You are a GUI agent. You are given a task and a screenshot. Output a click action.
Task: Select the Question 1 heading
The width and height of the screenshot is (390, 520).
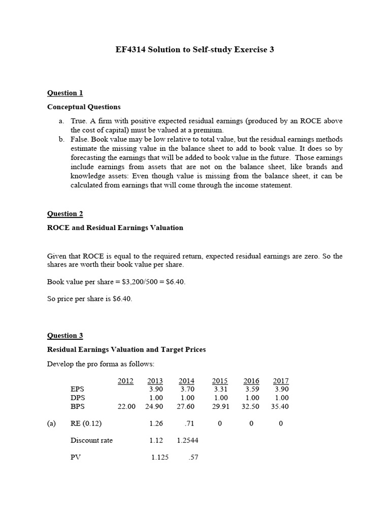[65, 93]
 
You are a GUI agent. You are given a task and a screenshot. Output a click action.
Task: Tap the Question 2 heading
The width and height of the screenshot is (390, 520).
[65, 214]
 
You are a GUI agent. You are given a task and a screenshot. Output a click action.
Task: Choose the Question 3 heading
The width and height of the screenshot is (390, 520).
[65, 336]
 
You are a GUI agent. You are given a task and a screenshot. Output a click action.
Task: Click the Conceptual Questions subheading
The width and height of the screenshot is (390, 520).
[84, 107]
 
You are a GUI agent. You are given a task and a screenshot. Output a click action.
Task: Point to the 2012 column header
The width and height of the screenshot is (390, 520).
[125, 381]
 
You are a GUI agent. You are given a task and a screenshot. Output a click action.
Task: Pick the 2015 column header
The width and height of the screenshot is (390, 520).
[220, 381]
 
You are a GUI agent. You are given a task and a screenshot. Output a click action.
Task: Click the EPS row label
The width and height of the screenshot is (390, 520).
[78, 389]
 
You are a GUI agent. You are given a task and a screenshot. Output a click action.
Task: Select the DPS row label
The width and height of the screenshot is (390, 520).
[78, 398]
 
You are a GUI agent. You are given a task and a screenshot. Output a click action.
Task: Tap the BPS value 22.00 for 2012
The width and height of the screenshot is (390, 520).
[126, 407]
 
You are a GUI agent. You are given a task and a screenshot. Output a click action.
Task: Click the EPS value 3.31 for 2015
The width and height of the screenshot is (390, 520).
[221, 389]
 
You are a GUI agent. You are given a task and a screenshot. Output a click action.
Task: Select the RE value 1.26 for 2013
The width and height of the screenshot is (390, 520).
[156, 424]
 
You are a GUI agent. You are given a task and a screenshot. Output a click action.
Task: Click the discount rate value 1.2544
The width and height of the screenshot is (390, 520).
[187, 440]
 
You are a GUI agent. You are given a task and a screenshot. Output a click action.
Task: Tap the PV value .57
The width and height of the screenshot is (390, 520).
[193, 458]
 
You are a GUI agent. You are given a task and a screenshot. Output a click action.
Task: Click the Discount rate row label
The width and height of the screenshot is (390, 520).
[91, 440]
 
